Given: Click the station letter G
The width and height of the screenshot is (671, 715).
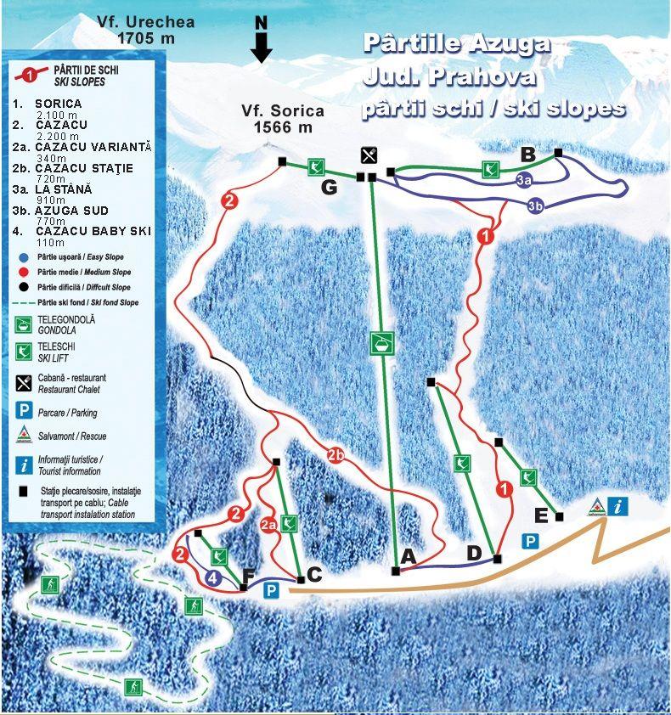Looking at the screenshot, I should [329, 187].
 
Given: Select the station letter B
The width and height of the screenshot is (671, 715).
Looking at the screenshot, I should [527, 155].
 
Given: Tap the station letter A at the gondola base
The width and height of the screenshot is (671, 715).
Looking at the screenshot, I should [408, 557].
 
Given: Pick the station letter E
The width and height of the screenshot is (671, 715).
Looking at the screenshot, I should [540, 515].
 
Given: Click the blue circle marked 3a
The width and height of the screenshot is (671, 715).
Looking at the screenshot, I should [524, 180].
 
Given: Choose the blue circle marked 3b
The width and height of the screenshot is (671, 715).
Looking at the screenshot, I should [535, 205].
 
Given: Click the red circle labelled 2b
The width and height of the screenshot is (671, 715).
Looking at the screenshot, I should [336, 455].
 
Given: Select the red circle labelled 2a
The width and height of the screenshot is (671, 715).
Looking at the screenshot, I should [269, 525].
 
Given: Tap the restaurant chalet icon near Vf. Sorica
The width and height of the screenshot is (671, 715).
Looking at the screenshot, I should [369, 155].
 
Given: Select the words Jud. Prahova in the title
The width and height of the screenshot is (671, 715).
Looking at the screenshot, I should [449, 76].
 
